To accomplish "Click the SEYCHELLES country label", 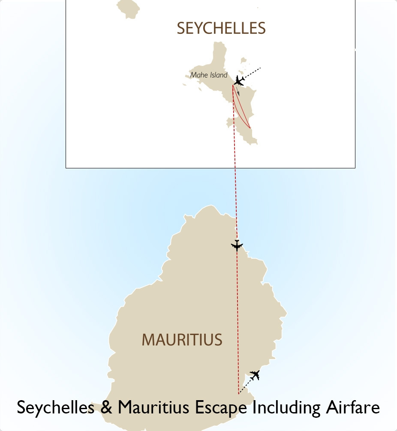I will coord(221,28).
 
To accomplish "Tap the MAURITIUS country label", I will coord(182,340).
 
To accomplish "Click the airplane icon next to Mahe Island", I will coord(239,80).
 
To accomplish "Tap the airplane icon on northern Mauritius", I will coord(237,245).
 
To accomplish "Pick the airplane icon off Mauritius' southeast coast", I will coord(255,375).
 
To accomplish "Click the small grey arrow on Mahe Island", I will coord(238,92).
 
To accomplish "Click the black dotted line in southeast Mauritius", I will coord(244,387).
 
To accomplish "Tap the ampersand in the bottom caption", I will coord(106,407).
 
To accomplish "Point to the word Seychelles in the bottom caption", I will coord(56,407).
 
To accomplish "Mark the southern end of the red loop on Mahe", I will coord(250,127).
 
